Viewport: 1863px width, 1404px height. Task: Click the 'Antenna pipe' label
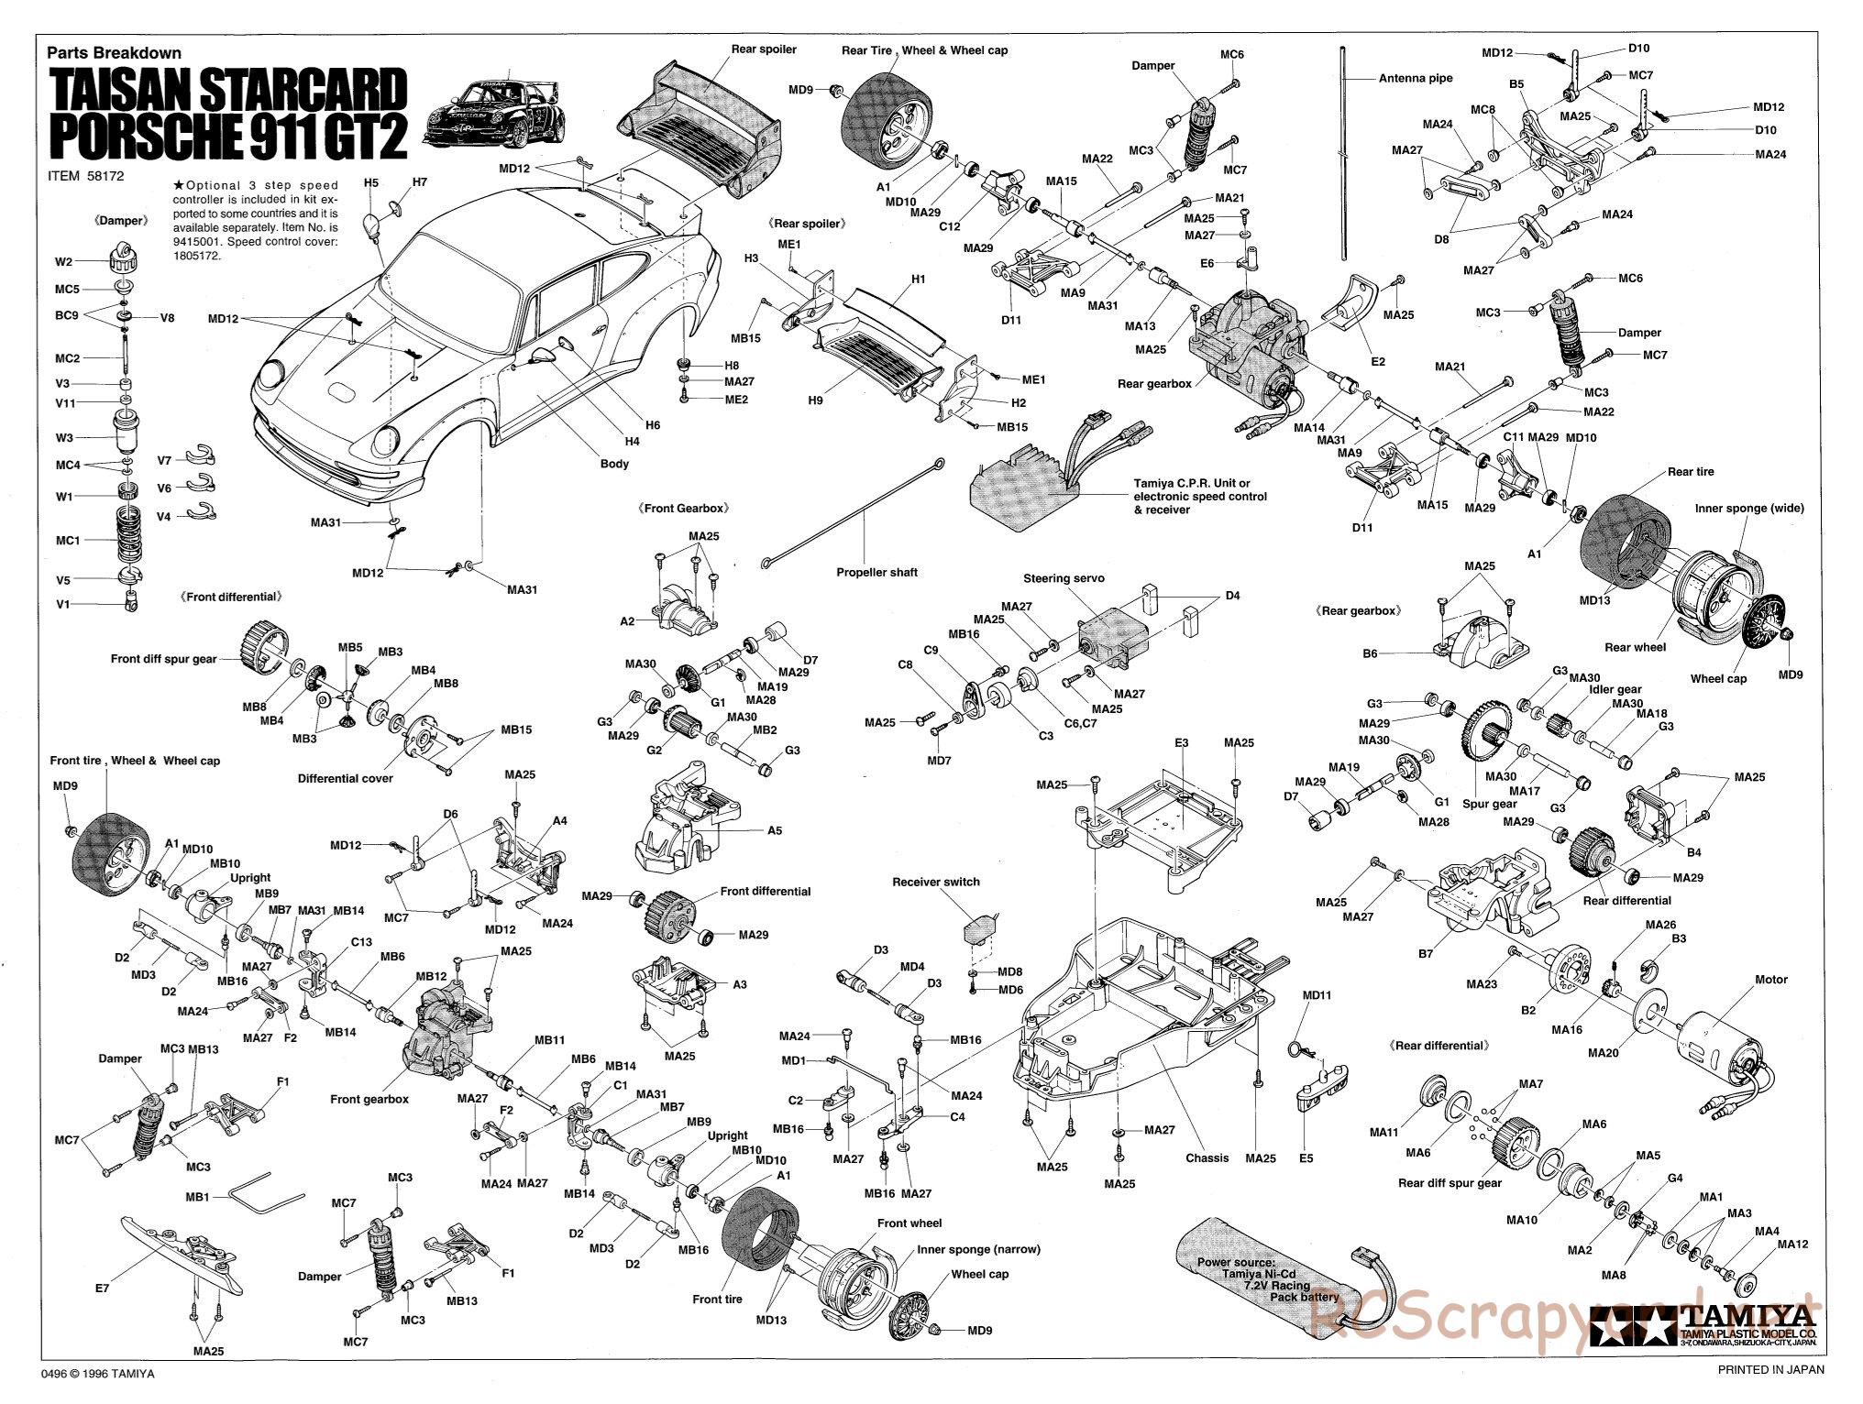point(1416,79)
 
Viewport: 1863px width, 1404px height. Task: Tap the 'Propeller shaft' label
point(876,573)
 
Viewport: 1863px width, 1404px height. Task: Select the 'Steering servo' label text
point(1064,578)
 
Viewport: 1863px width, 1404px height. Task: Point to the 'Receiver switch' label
point(935,882)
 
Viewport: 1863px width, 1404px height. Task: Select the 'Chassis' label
point(1207,1157)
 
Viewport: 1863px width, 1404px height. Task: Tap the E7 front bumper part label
point(102,1288)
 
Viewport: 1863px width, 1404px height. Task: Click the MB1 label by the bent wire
point(197,1197)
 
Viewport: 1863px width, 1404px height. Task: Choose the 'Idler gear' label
point(1616,689)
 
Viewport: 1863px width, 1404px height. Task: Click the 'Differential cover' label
point(345,778)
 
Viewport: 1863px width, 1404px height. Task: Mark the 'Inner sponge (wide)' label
point(1745,508)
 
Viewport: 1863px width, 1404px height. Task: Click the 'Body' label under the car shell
point(614,464)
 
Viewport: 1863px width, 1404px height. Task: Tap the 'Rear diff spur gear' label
point(1450,1182)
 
